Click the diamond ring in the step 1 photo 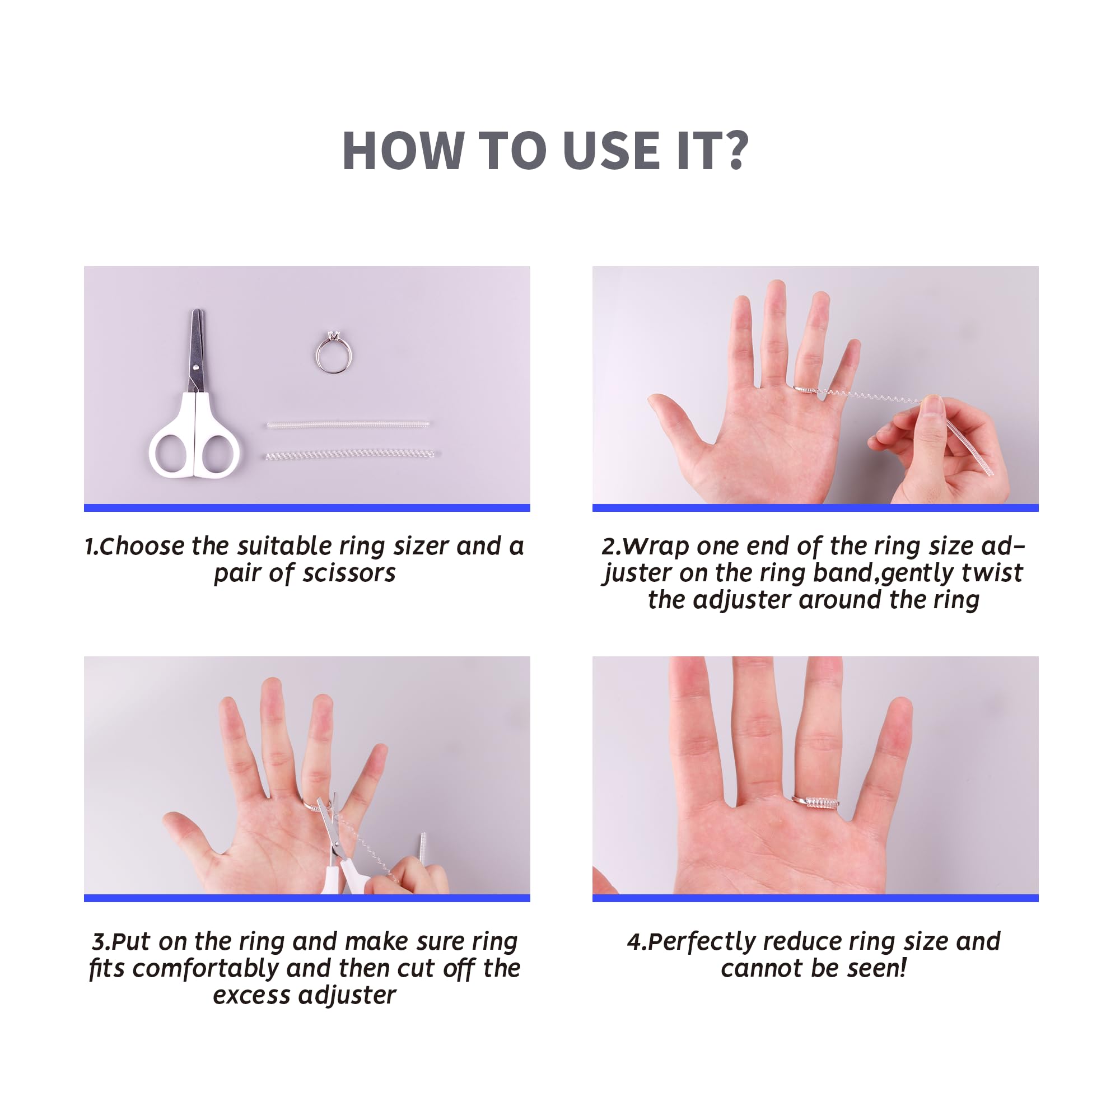point(333,352)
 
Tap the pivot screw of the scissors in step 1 point(197,366)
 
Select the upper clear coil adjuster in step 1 point(348,424)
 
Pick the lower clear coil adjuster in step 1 point(349,454)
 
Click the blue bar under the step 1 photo point(307,508)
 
